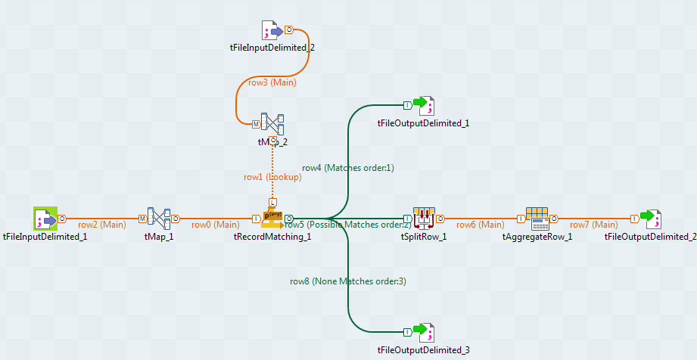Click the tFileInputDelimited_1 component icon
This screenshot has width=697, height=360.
45,219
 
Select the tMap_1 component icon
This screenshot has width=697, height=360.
159,219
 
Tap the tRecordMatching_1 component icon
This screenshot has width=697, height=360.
272,219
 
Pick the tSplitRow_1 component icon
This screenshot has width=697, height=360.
423,219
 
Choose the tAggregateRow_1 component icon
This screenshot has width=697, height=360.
537,219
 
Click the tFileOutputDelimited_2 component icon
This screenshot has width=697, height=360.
650,219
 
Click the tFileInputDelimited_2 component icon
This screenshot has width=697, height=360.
272,30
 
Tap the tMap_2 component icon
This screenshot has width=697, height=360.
272,123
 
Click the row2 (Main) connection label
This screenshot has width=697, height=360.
102,225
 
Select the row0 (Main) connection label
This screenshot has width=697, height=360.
215,225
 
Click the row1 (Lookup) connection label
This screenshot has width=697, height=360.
272,177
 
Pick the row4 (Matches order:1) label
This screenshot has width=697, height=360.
348,167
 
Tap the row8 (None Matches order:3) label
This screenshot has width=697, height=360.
348,281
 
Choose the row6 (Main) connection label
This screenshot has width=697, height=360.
480,225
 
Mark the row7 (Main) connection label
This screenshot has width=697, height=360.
593,225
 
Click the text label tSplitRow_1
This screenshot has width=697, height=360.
424,237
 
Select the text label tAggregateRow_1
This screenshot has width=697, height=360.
537,237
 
